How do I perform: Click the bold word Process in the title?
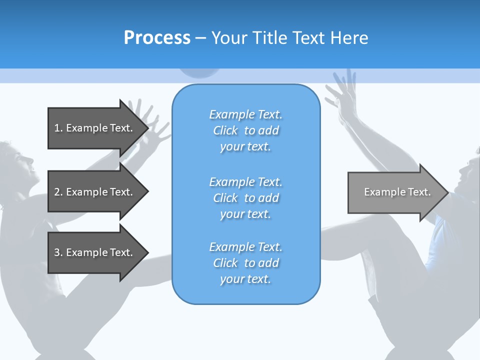pyautogui.click(x=157, y=38)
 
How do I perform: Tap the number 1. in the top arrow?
pyautogui.click(x=58, y=128)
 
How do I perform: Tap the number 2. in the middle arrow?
pyautogui.click(x=58, y=192)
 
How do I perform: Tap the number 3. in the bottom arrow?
pyautogui.click(x=58, y=252)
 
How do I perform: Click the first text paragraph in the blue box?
pyautogui.click(x=245, y=130)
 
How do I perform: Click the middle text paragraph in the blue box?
pyautogui.click(x=245, y=198)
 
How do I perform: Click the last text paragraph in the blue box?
pyautogui.click(x=245, y=263)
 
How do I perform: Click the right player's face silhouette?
pyautogui.click(x=467, y=175)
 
